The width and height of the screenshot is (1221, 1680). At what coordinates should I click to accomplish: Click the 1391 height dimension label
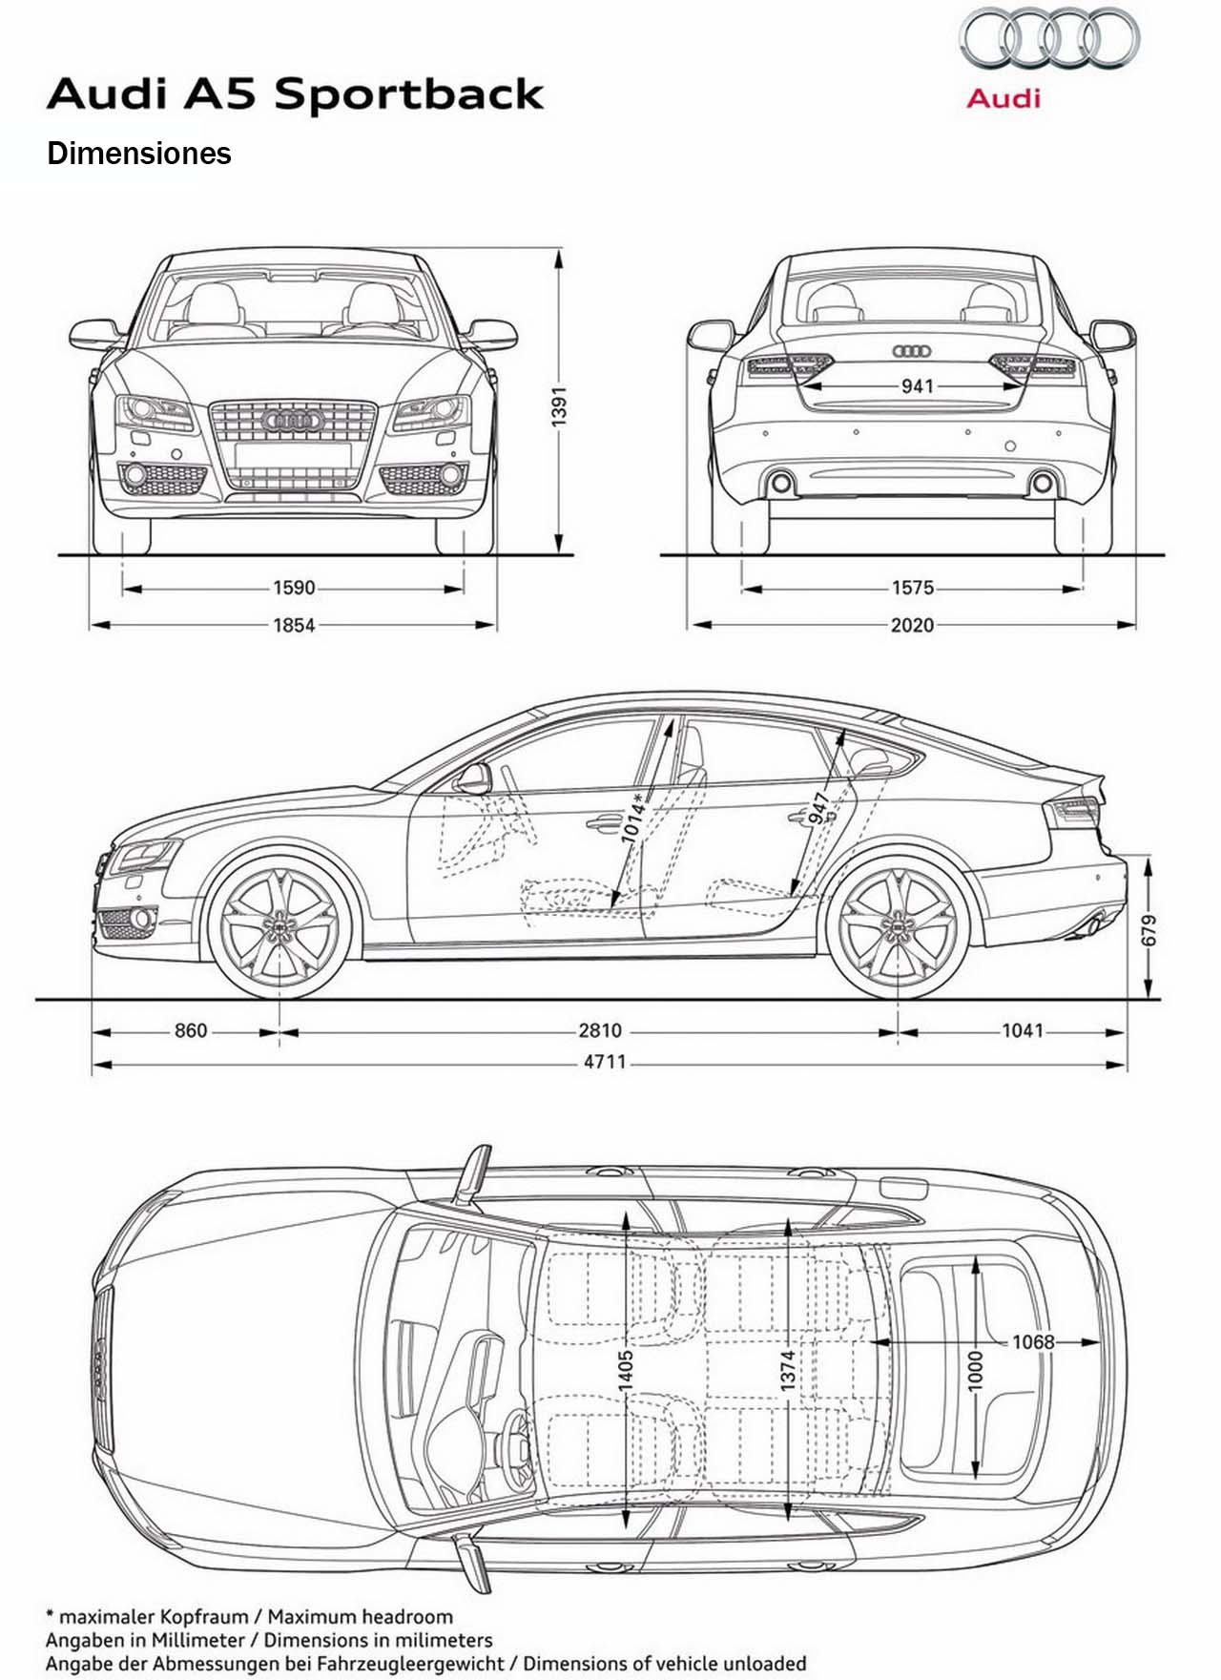click(560, 404)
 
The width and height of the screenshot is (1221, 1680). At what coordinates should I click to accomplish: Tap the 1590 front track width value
click(294, 588)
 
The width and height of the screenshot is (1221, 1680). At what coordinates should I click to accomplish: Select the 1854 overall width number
click(294, 625)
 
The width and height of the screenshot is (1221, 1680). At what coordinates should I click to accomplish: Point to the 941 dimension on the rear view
click(917, 385)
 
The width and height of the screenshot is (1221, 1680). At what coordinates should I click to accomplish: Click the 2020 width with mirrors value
click(912, 625)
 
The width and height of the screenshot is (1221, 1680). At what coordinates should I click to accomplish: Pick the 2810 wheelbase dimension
click(600, 1030)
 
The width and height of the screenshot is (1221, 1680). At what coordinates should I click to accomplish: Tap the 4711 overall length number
click(605, 1062)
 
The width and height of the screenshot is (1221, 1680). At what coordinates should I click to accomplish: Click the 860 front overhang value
click(191, 1030)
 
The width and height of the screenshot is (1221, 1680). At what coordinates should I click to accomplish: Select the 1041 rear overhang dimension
click(1023, 1030)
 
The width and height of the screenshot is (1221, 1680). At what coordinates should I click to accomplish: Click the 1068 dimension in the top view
click(1033, 1342)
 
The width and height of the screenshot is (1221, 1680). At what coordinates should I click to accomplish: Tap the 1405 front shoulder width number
click(626, 1370)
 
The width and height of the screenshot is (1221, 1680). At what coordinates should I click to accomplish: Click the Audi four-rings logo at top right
click(1049, 38)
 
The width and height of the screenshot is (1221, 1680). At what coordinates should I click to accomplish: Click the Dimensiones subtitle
click(139, 154)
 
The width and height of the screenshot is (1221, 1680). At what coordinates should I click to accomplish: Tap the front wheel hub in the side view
click(279, 925)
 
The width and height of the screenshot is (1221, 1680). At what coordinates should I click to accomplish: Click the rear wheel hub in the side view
click(898, 925)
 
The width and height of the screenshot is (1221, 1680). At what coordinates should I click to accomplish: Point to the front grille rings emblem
click(293, 420)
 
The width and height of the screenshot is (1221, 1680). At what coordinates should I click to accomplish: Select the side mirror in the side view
click(472, 778)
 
